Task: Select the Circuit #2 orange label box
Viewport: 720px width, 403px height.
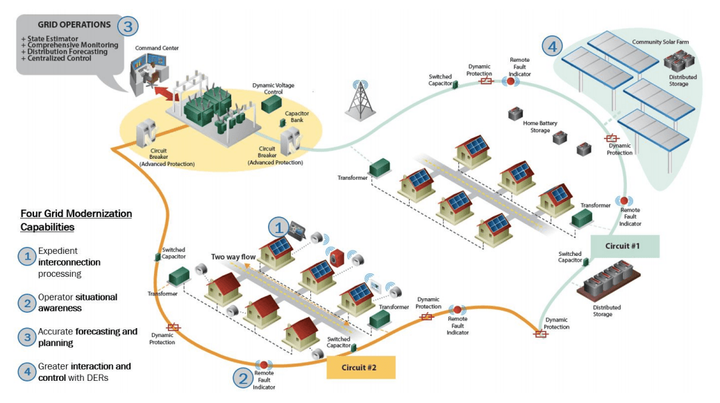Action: click(360, 367)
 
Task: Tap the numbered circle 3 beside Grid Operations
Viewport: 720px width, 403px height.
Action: click(128, 26)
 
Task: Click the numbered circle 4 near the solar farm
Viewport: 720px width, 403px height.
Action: click(552, 47)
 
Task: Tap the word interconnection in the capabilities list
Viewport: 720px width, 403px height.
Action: click(69, 262)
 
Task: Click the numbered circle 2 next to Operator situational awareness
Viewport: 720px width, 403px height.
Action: click(26, 302)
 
